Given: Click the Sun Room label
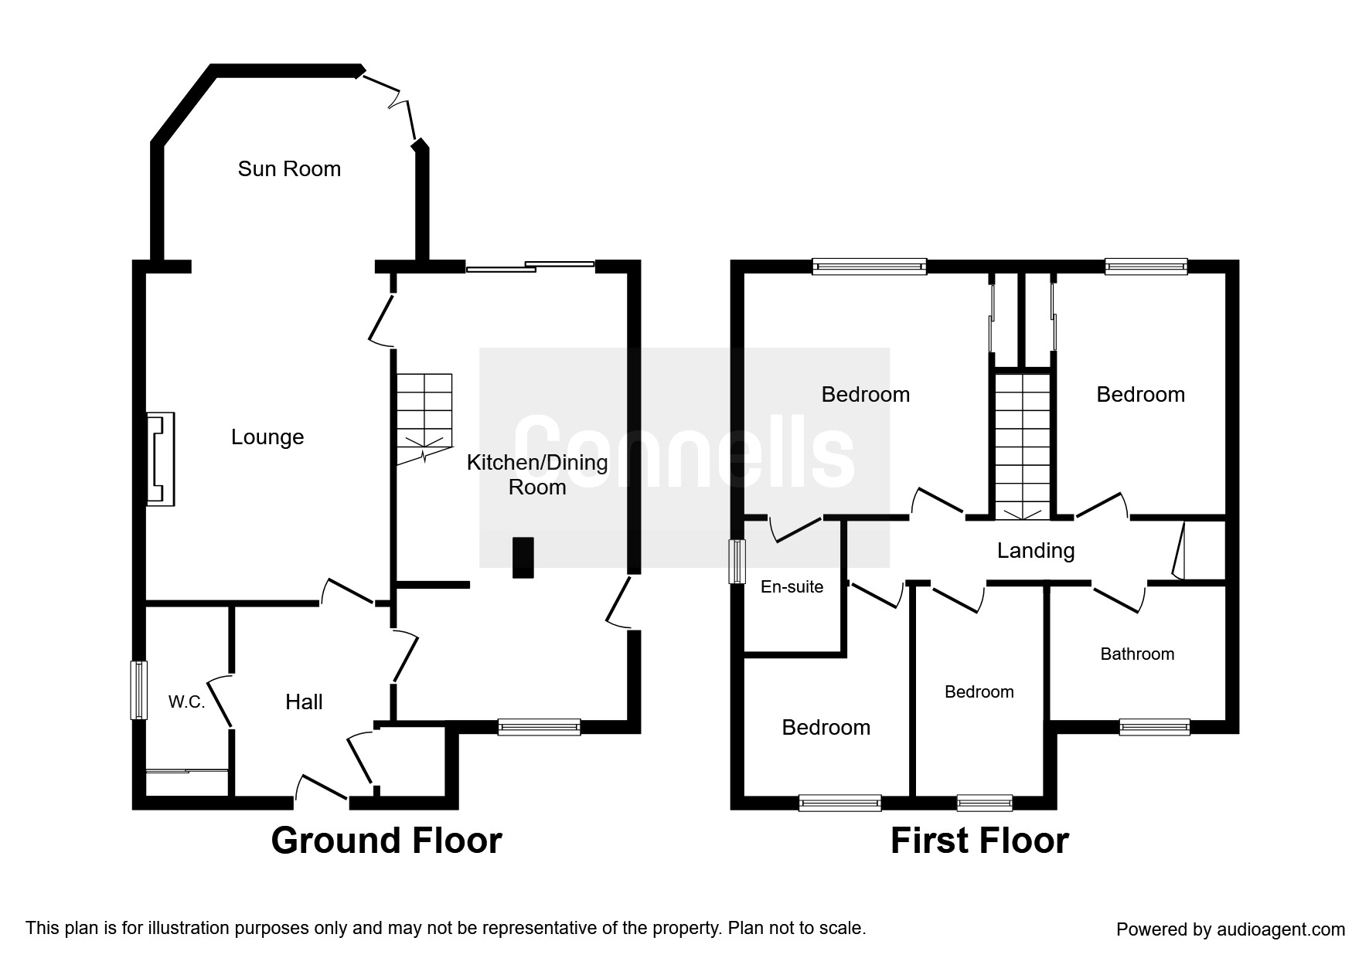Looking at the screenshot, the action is coord(289,169).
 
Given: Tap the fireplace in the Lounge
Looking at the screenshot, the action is coord(162,460).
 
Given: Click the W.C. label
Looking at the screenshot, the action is coord(186,702).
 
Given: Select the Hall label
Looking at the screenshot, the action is coord(304,702).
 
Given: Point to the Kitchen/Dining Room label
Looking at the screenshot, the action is coord(537,474).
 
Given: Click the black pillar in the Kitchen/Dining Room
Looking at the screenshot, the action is coord(523,557).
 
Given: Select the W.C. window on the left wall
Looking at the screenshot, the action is coord(138,690).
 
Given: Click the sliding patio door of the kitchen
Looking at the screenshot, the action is coord(530,267).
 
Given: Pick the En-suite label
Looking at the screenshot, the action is coord(792,587).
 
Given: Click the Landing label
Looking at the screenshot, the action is coord(1036,551).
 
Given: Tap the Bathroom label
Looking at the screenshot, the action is coord(1137,654).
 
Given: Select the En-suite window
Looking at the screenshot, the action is coord(739,561).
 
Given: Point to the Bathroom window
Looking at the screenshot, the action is coord(1155,727).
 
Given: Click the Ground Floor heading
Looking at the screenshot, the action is coord(387,841).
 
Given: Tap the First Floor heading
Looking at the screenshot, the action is coord(979,841).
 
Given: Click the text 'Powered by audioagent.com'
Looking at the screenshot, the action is coord(1231,929).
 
